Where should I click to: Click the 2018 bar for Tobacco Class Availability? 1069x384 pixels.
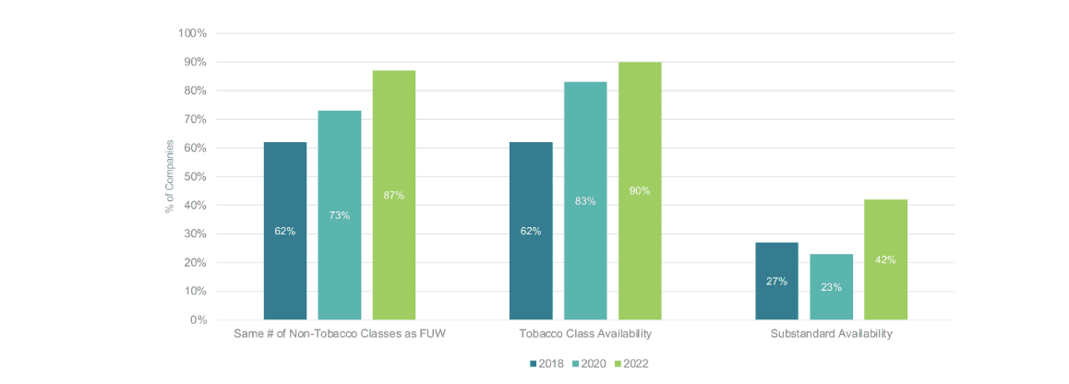click(531, 231)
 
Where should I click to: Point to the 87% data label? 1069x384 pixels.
click(393, 195)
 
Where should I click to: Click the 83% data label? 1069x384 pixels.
click(585, 200)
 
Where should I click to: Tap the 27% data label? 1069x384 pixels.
click(777, 281)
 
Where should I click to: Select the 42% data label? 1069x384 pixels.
click(886, 259)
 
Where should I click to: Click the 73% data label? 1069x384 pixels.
click(339, 215)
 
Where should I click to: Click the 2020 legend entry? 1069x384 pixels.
click(592, 364)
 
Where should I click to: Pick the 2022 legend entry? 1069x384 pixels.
click(635, 364)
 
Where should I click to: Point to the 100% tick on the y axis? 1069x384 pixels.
click(192, 33)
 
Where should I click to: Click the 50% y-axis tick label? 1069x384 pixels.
click(195, 176)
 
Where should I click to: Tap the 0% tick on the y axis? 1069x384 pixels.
click(198, 320)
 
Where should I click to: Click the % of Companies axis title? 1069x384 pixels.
click(170, 176)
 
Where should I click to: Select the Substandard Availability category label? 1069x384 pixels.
click(832, 333)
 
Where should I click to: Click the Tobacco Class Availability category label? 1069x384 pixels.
click(585, 333)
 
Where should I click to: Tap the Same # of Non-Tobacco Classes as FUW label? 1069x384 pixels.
click(339, 333)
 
